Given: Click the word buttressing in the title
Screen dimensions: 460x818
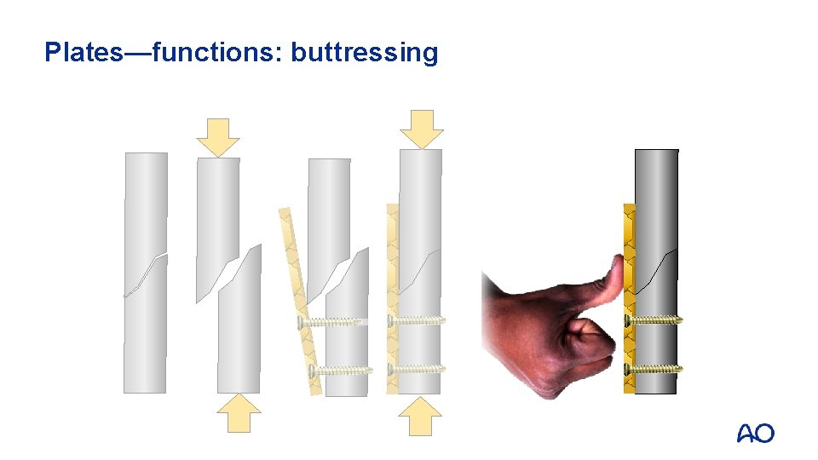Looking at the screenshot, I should coord(365,53).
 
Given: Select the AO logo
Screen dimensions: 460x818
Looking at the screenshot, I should coord(755,434).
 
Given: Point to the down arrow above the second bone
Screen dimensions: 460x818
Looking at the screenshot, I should coord(218,136).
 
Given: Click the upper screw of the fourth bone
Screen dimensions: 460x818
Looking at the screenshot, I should coord(417,320).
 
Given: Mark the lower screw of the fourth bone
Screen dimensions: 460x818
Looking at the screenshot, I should coord(417,369).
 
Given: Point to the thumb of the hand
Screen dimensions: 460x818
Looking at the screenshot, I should coord(608,281).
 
